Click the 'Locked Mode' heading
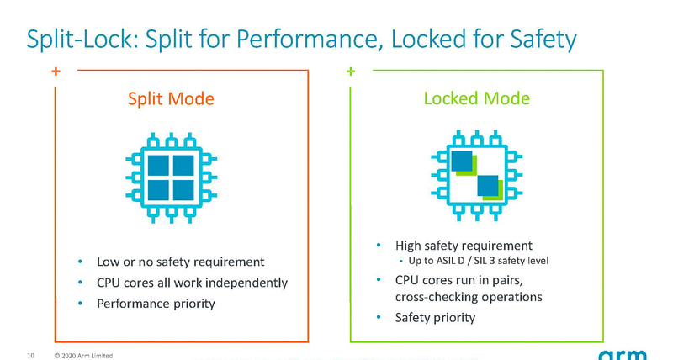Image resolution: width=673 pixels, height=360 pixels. (476, 99)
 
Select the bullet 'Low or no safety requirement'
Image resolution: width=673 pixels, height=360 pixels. (181, 262)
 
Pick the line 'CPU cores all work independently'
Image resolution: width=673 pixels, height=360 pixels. (193, 282)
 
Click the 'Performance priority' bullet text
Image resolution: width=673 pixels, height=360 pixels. (156, 302)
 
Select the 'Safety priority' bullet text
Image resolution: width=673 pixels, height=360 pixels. (435, 317)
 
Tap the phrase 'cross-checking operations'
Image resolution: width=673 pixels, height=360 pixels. (469, 297)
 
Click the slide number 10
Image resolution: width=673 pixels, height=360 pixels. (31, 354)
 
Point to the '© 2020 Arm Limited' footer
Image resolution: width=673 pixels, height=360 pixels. (83, 355)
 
